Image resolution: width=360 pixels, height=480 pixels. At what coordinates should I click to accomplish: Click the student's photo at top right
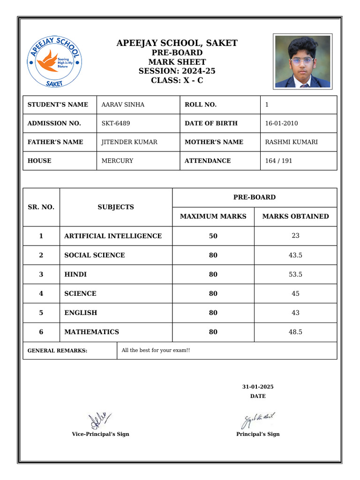click(302, 61)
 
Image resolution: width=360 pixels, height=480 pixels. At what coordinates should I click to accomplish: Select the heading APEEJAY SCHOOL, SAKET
click(177, 44)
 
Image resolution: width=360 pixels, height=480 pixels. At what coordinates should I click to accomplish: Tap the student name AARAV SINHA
click(123, 105)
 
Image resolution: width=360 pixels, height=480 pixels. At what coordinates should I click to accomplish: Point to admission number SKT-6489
click(116, 123)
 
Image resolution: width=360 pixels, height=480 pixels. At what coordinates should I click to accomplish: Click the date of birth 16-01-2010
click(281, 123)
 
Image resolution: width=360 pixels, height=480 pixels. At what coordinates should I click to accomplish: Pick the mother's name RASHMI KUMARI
click(291, 142)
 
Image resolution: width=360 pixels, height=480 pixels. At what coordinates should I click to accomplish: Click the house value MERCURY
click(117, 161)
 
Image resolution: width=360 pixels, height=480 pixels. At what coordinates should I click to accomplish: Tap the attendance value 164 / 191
click(278, 161)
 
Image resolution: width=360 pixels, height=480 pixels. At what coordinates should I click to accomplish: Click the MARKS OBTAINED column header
click(295, 217)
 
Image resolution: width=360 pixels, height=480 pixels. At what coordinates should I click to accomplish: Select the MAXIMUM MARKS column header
click(213, 217)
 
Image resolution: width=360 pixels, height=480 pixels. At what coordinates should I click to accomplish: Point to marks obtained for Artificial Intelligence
click(295, 236)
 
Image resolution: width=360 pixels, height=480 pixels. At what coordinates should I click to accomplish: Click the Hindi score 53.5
click(295, 274)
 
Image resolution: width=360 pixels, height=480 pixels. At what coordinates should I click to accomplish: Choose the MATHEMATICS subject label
click(91, 332)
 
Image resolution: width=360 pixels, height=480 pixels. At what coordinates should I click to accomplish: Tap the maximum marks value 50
click(213, 236)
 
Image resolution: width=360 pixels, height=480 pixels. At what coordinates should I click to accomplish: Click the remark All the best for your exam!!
click(156, 350)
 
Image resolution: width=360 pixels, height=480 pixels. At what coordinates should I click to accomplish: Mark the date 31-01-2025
click(258, 387)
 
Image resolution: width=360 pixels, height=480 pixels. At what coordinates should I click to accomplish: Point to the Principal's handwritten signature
click(257, 420)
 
